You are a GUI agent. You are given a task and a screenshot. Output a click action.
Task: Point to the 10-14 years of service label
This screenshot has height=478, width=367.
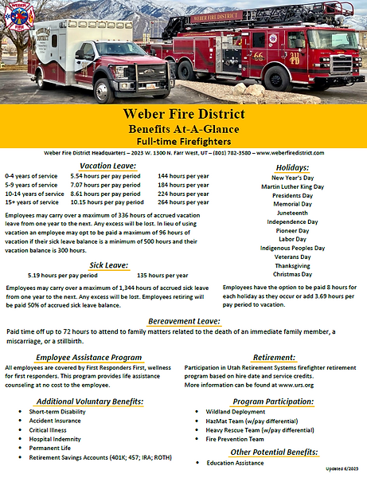34,193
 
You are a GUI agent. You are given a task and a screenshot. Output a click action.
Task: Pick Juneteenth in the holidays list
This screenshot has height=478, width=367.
292,213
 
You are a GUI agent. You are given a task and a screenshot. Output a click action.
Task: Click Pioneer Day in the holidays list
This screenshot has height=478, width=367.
292,230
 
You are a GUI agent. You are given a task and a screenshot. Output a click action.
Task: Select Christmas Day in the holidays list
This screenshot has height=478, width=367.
292,274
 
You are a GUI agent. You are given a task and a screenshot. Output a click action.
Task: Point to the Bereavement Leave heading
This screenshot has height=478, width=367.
184,321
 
